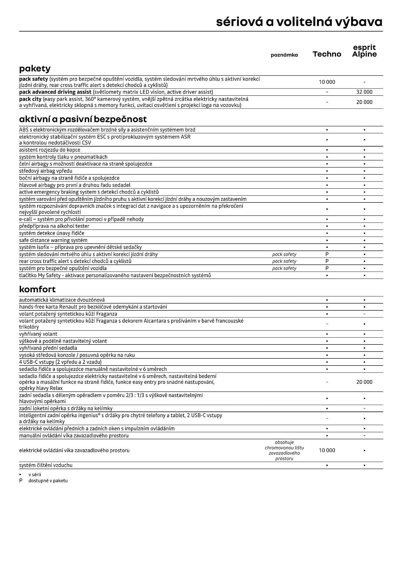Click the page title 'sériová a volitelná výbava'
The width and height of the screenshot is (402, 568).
click(x=299, y=22)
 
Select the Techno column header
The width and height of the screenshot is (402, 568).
click(x=327, y=54)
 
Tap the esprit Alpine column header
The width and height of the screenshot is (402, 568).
click(x=364, y=51)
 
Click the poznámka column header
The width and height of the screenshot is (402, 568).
click(x=284, y=55)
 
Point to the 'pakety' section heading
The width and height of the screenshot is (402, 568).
click(x=35, y=68)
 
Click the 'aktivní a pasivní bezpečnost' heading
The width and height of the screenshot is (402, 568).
click(x=83, y=119)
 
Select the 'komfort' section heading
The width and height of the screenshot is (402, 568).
click(x=37, y=289)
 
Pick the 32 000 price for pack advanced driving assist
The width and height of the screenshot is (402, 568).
click(x=364, y=92)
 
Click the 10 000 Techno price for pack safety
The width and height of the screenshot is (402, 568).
click(x=327, y=82)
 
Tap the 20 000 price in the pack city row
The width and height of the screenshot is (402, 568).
click(x=364, y=102)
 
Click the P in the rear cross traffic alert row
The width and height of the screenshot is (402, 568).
click(x=327, y=261)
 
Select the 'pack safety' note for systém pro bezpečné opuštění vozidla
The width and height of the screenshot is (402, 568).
click(x=284, y=268)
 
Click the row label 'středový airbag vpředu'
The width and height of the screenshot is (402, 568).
click(x=46, y=171)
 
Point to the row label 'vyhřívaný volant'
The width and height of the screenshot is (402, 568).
click(x=38, y=334)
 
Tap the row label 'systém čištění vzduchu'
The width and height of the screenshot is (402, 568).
click(x=46, y=465)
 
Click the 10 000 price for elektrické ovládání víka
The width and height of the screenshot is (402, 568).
click(x=327, y=450)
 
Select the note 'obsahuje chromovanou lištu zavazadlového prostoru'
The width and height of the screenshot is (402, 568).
click(x=284, y=450)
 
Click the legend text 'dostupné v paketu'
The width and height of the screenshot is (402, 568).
click(x=48, y=481)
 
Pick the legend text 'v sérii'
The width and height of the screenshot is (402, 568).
click(x=35, y=475)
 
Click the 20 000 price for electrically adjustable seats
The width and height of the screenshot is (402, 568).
click(x=364, y=382)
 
